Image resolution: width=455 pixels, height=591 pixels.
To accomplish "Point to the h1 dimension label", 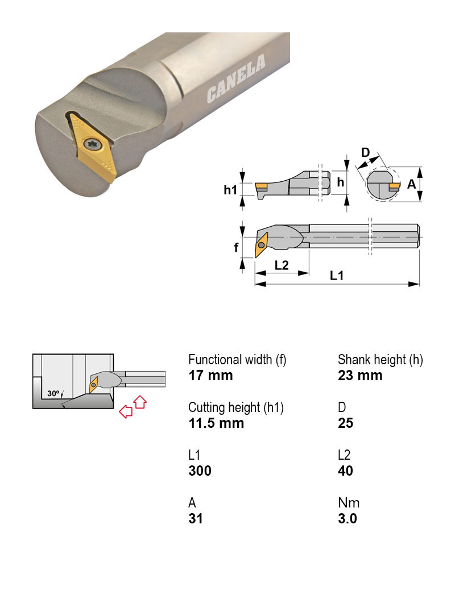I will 229,190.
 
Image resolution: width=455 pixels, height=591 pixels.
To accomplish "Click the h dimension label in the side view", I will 340,182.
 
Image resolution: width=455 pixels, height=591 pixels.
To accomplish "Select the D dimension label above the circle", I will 366,152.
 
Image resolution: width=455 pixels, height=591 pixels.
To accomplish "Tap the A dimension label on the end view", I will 411,184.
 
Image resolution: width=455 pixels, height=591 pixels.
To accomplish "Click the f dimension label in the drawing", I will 237,248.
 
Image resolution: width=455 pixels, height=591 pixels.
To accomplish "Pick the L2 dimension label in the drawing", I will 282,265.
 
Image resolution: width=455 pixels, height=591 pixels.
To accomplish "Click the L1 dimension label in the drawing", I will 337,275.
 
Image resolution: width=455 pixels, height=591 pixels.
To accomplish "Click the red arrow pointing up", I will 139,402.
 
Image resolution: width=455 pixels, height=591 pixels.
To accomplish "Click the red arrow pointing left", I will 124,413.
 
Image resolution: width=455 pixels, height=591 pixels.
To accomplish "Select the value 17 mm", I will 210,376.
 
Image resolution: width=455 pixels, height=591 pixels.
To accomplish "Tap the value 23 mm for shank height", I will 360,376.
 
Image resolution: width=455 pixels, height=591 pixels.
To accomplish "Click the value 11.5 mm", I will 216,423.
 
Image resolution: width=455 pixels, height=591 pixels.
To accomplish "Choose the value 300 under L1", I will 200,471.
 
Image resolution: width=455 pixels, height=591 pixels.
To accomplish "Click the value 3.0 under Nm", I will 347,519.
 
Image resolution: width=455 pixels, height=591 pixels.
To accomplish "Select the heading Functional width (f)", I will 237,360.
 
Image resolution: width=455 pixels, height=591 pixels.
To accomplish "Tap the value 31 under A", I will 195,519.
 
